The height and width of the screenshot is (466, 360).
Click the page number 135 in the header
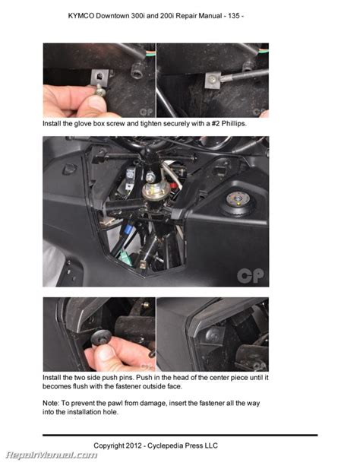pyautogui.click(x=233, y=16)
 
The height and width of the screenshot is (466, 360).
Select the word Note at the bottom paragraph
pyautogui.click(x=51, y=404)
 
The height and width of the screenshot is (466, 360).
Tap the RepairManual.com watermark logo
pyautogui.click(x=52, y=455)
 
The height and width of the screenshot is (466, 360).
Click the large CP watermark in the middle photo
pyautogui.click(x=250, y=276)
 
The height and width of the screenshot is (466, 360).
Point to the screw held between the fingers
pyautogui.click(x=100, y=90)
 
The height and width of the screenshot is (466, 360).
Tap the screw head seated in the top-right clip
pyautogui.click(x=213, y=79)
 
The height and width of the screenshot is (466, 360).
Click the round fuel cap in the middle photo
pyautogui.click(x=238, y=200)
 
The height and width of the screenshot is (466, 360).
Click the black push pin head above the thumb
pyautogui.click(x=101, y=338)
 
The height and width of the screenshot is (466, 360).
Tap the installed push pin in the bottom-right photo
pyautogui.click(x=213, y=336)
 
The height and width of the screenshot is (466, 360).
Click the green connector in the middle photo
pyautogui.click(x=123, y=255)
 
